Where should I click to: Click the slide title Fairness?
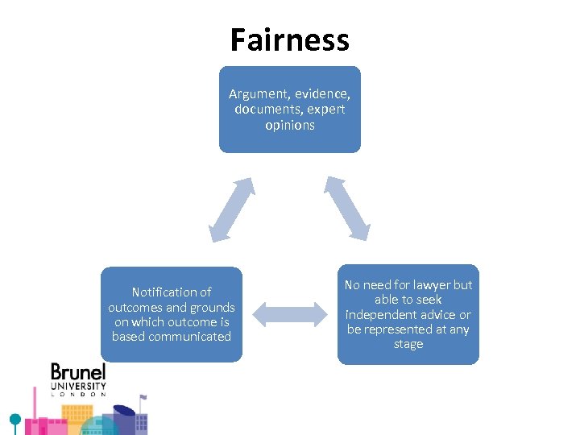pyautogui.click(x=289, y=39)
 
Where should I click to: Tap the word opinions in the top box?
pyautogui.click(x=289, y=125)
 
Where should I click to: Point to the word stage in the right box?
pyautogui.click(x=408, y=345)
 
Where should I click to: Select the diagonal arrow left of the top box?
pyautogui.click(x=232, y=209)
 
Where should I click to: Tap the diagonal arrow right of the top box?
pyautogui.click(x=347, y=208)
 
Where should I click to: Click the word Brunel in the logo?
pyautogui.click(x=78, y=373)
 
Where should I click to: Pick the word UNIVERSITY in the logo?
pyautogui.click(x=78, y=386)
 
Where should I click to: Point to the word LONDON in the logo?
pyautogui.click(x=78, y=394)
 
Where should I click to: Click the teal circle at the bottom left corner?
pyautogui.click(x=14, y=420)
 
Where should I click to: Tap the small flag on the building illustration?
pyautogui.click(x=143, y=397)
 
